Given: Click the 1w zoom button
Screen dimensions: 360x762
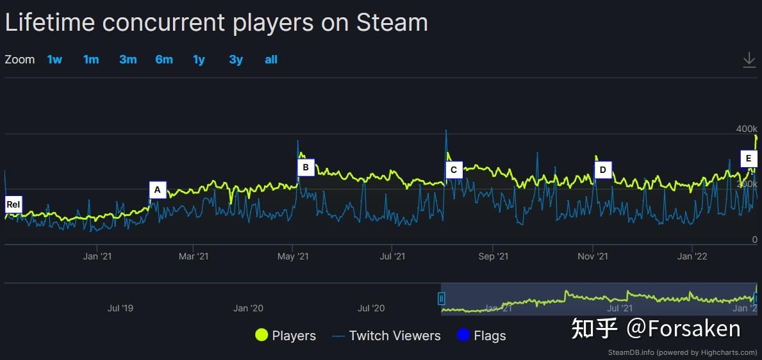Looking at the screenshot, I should point(54,60).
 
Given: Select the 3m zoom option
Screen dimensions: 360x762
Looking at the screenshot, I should point(128,60).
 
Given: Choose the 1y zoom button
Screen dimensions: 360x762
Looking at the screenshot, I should point(199,60).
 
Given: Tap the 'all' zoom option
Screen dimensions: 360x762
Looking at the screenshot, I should point(270,60).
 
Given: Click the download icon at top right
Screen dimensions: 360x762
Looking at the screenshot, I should point(749,60).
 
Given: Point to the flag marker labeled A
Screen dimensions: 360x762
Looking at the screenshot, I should point(158,190).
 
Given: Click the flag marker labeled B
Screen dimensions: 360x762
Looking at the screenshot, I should point(306,168).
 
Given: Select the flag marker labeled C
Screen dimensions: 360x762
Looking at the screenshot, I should point(454,170).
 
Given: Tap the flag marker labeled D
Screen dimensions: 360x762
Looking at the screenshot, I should point(602,170).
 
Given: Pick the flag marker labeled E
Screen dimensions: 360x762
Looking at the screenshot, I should point(749,159).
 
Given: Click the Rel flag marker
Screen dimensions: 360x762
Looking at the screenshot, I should point(13,205).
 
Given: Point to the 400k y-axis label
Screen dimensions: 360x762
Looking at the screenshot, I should point(746,129).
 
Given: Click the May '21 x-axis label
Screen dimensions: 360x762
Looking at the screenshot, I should point(293,257).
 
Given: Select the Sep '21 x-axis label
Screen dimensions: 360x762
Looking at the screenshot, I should point(493,257).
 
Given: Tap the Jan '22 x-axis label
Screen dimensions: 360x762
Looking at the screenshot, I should point(692,257).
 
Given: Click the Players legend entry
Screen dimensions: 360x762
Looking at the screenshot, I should point(285,336).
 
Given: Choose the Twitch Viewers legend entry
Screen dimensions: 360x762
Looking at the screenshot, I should point(386,336).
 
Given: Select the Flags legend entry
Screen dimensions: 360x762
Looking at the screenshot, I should point(481,336).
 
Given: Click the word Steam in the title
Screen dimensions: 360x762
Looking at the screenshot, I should point(392,23).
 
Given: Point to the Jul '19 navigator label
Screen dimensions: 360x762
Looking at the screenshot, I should point(120,308).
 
